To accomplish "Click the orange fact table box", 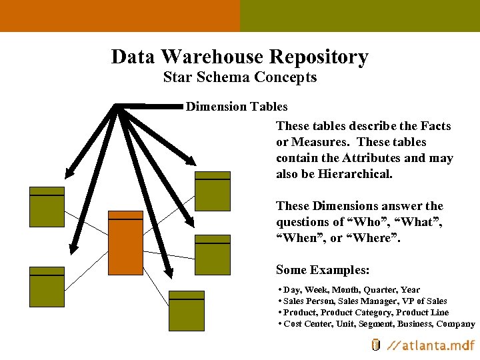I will (125, 243).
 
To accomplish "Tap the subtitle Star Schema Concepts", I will (240, 77).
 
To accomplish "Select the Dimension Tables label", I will (237, 107).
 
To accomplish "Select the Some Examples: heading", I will (323, 270).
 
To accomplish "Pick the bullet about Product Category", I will (365, 313).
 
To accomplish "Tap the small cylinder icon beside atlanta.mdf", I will (375, 345).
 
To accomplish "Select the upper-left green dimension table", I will (47, 207).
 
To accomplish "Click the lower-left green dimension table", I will (47, 286).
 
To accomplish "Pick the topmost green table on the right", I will (212, 191).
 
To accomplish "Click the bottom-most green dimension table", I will (186, 311).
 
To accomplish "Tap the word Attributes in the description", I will (371, 158).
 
